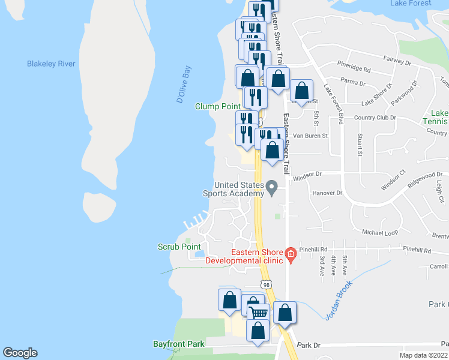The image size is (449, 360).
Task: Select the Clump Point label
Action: coord(218,106)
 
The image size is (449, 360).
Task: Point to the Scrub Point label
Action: coord(179,247)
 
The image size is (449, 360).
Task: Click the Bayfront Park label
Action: coord(179,344)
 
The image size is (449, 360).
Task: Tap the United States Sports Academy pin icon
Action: coord(271,188)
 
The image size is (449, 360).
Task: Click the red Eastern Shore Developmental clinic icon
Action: coord(291,254)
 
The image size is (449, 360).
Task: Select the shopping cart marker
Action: coord(258,312)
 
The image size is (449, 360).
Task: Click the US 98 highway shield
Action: coord(265,283)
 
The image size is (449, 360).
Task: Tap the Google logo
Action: coord(20,353)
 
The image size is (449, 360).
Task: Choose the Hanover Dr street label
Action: coord(327,193)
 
